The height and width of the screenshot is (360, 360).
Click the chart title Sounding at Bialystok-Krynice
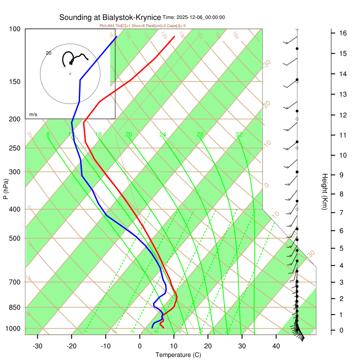tap(110, 18)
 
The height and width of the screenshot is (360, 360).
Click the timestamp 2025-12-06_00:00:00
tap(201, 18)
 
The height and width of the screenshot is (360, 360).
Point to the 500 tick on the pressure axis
tap(14, 238)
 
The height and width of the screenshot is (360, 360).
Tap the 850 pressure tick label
tap(14, 307)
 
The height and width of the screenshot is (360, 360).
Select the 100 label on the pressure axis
tap(14, 29)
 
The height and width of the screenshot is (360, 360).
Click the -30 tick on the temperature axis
tap(37, 346)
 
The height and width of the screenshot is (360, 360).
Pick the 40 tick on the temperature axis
tap(276, 346)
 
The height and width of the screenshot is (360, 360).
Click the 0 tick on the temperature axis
tap(139, 346)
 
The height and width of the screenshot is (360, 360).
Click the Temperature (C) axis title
tap(178, 355)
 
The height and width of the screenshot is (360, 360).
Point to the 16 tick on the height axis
tap(342, 33)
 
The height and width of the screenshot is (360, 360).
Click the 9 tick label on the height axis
tap(342, 175)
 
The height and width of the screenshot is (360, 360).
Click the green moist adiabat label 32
tap(238, 135)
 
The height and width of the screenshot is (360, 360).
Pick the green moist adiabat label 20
tap(129, 135)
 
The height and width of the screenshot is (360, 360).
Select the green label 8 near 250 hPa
tap(48, 135)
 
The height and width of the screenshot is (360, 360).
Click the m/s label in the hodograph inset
tap(33, 115)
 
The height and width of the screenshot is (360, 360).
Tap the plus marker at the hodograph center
tap(70, 73)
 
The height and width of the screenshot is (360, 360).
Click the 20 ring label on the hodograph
tap(49, 53)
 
